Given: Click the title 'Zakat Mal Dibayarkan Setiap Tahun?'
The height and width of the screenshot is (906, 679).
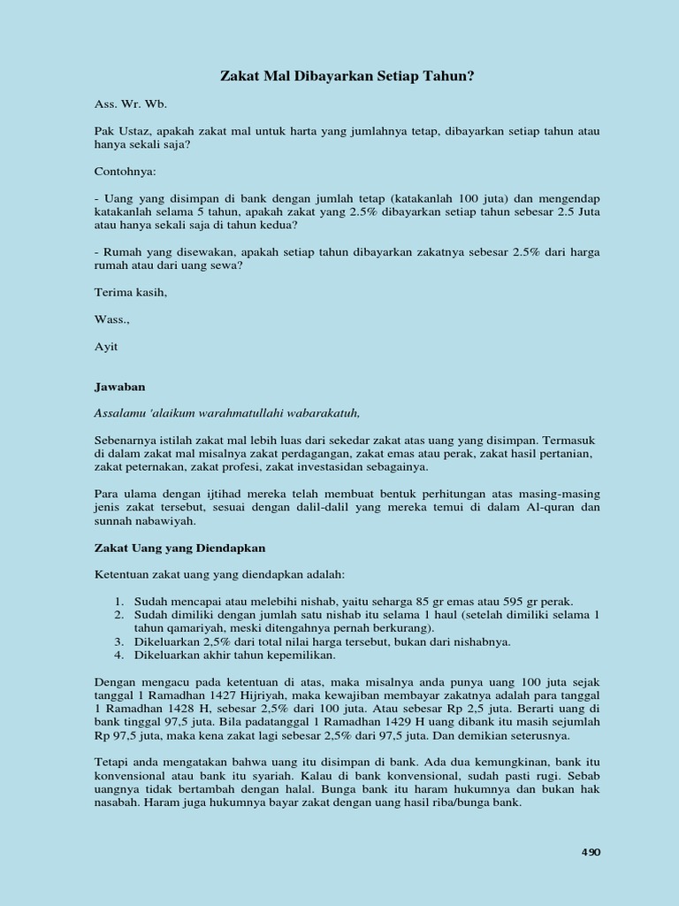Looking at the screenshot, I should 347,77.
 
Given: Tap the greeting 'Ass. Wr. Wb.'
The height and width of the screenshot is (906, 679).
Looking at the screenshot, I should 130,104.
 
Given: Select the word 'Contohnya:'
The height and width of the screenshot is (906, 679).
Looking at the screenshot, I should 125,171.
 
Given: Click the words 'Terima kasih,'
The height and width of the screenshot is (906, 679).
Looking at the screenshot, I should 130,291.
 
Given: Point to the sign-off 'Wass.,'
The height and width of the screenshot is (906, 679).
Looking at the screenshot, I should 111,319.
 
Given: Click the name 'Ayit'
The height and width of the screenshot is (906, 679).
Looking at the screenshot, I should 106,346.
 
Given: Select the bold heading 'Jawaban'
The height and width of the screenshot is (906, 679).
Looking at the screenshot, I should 119,387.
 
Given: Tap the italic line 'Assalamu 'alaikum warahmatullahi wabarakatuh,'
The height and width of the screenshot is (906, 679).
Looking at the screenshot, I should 227,412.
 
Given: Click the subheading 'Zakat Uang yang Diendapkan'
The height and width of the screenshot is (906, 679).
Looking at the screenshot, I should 180,548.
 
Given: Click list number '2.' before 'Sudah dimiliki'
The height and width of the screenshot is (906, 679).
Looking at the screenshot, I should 118,614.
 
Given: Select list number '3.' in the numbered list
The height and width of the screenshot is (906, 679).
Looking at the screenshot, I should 118,641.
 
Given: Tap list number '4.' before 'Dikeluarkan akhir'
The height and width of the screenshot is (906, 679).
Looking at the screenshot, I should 118,656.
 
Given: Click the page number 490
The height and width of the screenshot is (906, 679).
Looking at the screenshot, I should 591,852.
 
